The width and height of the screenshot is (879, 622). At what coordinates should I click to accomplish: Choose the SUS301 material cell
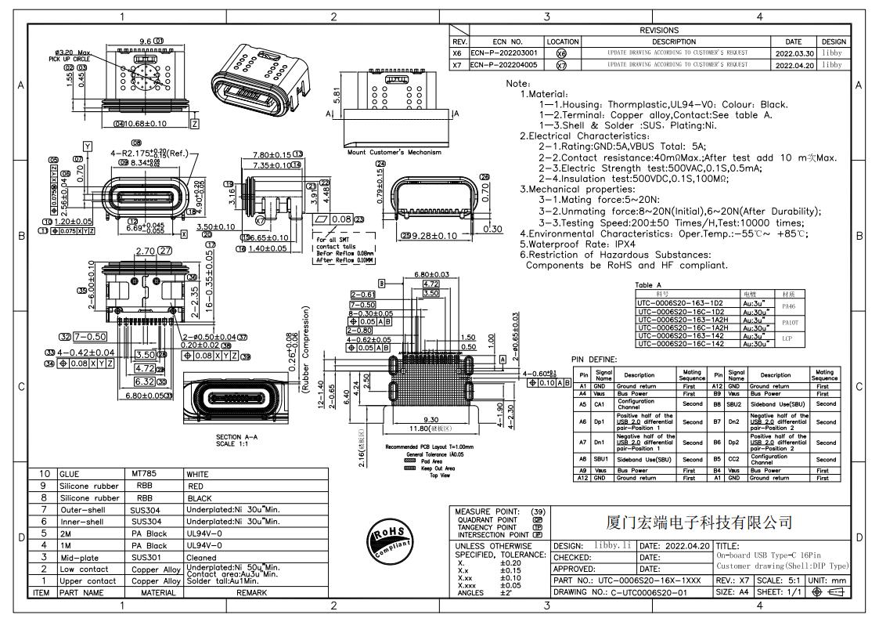147,557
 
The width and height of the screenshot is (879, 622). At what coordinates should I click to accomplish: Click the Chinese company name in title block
699,523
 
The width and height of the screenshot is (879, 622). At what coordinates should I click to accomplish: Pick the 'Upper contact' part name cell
88,580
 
